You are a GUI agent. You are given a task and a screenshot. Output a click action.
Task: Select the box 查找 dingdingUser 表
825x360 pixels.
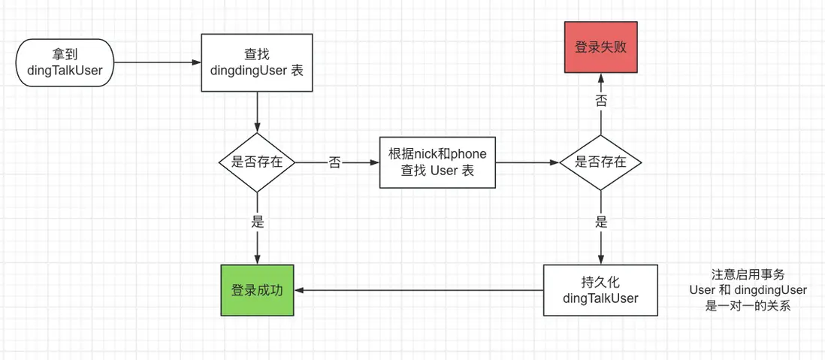(x=258, y=62)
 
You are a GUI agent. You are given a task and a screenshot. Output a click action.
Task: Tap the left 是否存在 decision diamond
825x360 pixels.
(x=257, y=162)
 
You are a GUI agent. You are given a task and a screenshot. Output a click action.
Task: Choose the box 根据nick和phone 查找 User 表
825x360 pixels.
(x=437, y=162)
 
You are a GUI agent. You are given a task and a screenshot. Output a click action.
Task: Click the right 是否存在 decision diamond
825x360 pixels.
(x=600, y=162)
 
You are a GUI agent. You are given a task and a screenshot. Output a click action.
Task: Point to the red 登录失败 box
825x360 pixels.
(x=600, y=47)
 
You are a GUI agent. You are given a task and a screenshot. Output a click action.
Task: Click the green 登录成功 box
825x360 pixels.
(x=257, y=290)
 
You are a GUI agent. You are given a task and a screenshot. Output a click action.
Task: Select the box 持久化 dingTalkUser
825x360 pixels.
(x=600, y=290)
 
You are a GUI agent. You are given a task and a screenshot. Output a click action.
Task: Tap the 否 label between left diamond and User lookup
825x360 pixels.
(x=334, y=162)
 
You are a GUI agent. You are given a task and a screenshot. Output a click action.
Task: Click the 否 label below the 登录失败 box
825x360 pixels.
(x=601, y=101)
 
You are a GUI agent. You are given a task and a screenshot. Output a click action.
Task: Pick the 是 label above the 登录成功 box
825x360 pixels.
(x=258, y=222)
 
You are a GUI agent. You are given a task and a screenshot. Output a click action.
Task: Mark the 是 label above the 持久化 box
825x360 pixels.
(x=601, y=222)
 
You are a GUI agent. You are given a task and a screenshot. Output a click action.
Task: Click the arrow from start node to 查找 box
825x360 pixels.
(x=158, y=62)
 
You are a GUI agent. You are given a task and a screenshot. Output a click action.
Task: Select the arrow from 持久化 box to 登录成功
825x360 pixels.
(x=421, y=290)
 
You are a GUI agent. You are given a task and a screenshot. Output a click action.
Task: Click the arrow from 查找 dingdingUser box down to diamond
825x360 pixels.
(x=258, y=113)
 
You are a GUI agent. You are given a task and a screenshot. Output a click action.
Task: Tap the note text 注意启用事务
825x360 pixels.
(x=748, y=275)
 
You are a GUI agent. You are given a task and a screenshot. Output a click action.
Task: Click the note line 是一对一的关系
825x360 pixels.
(x=748, y=306)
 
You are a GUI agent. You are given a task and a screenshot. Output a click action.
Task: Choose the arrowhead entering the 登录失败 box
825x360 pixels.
(x=601, y=78)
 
